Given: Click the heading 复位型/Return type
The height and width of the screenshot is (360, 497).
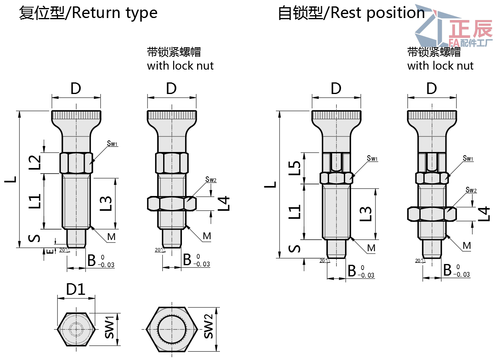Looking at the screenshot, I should click(x=88, y=13).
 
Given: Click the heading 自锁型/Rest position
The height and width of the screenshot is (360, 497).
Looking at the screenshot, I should click(x=351, y=13).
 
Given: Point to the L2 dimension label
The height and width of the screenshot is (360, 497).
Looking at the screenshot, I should click(x=36, y=162).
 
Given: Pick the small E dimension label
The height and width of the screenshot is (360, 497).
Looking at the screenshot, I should click(x=49, y=251).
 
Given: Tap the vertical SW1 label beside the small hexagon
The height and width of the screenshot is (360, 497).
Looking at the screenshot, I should click(x=109, y=328).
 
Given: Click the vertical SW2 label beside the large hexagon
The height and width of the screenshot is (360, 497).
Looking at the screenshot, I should click(x=208, y=327).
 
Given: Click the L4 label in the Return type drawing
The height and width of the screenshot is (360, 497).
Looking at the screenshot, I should click(x=225, y=203).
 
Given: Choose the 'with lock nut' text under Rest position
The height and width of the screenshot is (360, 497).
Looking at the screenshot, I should click(x=440, y=66).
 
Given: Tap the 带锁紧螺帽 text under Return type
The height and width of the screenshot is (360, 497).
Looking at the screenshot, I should click(x=174, y=52).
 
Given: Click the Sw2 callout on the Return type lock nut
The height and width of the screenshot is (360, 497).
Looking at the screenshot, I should click(x=211, y=180).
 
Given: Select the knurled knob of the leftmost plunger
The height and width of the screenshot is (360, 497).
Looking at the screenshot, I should click(x=76, y=116).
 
